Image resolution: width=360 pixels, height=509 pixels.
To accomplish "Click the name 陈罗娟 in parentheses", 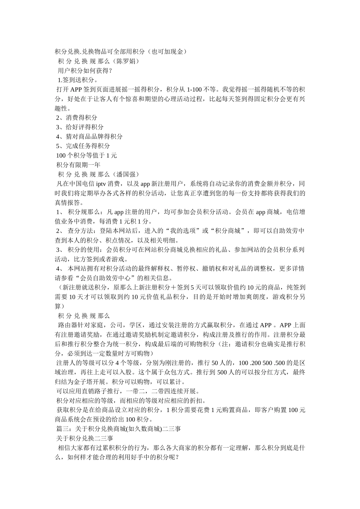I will [127, 61].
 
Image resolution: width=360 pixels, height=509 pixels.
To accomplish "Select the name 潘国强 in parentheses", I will [127, 174].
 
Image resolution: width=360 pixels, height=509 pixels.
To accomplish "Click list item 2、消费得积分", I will [77, 118].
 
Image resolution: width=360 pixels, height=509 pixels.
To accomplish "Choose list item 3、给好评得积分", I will [80, 127].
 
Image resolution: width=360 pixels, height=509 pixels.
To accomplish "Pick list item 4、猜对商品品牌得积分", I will [89, 137].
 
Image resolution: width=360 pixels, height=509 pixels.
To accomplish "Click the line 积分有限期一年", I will [78, 165].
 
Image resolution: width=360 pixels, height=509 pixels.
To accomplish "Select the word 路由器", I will [68, 325].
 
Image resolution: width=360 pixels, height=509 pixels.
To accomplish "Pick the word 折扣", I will [200, 401].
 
